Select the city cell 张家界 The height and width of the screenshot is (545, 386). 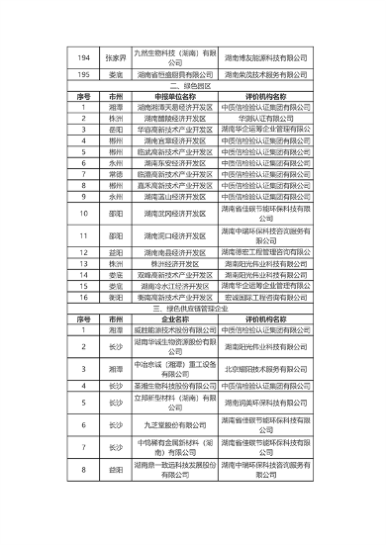pos(116,57)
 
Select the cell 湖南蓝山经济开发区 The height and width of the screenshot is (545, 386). pos(173,196)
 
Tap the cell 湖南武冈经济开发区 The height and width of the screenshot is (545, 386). pos(173,213)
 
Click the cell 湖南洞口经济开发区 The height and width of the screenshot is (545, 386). pos(173,235)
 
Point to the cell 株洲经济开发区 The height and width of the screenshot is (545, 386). pos(173,264)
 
